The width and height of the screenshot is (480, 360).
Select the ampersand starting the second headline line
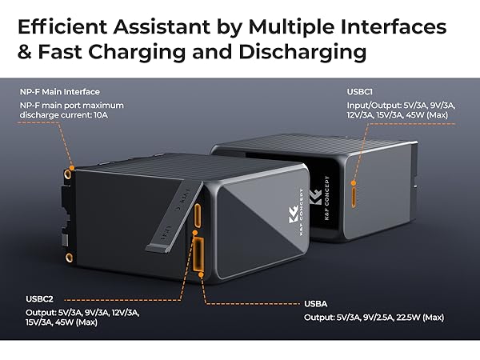[x=26, y=53]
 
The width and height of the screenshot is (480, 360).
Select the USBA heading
[x=315, y=304]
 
